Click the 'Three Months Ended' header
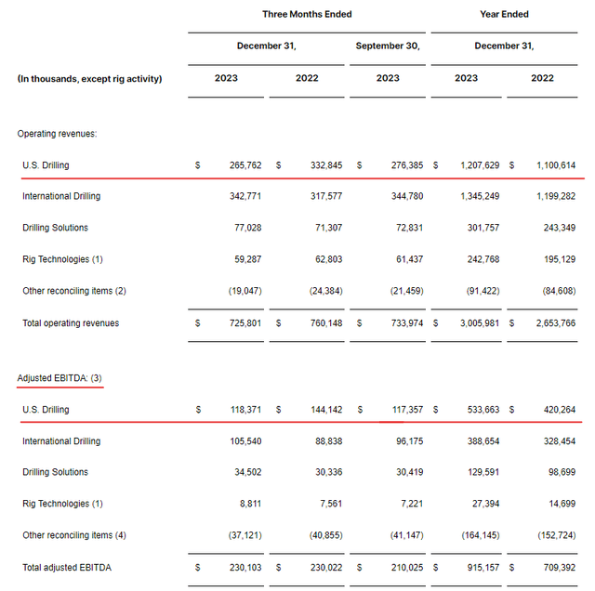[307, 14]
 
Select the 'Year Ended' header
[503, 14]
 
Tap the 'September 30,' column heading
[388, 46]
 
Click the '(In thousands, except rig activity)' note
[89, 79]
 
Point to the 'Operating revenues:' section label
[57, 134]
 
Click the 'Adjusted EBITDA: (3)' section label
[60, 378]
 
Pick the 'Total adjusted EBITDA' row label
[68, 567]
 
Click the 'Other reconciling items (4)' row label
[73, 535]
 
